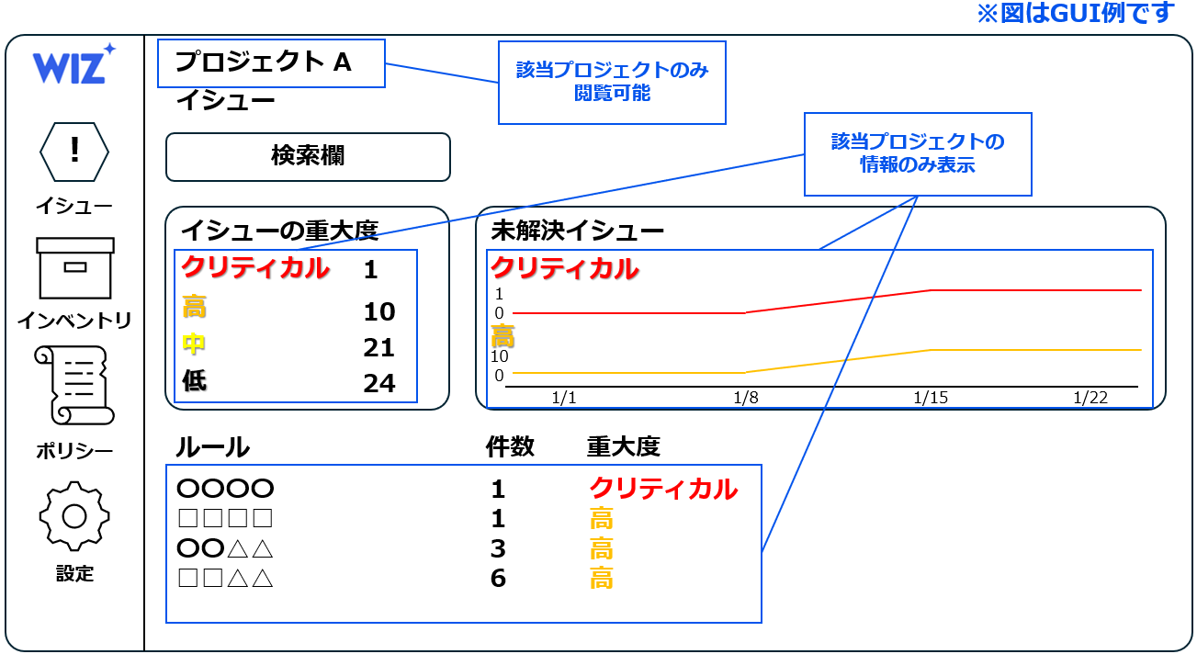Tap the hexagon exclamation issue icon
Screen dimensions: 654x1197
[74, 151]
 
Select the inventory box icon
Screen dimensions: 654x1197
[75, 268]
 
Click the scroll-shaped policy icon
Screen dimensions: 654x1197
[74, 385]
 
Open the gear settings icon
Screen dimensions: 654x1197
[74, 515]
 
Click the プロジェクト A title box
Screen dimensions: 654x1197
[271, 62]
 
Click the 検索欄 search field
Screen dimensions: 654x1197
[308, 157]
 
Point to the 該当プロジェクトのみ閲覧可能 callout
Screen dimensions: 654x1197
[612, 82]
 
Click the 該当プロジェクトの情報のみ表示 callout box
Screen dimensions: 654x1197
[918, 153]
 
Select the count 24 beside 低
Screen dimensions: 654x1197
[378, 383]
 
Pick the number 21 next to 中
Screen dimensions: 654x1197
[378, 347]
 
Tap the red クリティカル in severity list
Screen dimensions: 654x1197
[254, 268]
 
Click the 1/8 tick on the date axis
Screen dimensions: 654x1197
[745, 398]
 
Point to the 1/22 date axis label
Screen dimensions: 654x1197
[1090, 398]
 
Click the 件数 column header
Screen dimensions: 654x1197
[510, 447]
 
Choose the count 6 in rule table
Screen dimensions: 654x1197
[498, 578]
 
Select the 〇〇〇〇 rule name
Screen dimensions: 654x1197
[225, 489]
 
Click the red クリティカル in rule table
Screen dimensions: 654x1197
[662, 489]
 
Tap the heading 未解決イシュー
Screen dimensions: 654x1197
[577, 231]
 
